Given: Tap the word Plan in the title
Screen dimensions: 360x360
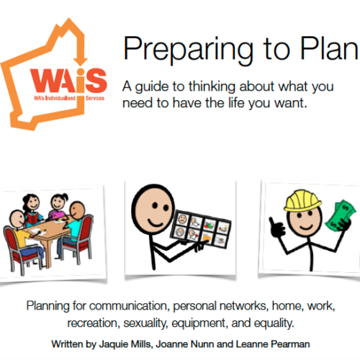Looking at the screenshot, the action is click(x=329, y=48).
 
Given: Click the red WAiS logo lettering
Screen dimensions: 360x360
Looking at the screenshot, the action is click(x=68, y=81).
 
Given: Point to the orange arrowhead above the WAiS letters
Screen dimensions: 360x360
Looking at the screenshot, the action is click(x=81, y=61).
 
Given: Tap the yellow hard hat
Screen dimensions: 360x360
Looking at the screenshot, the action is click(x=302, y=201).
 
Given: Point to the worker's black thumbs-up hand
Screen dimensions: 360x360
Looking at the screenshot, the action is click(x=276, y=227).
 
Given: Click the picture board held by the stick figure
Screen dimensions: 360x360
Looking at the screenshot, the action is click(x=201, y=229).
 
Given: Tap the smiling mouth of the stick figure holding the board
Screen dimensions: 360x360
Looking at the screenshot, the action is click(x=156, y=223).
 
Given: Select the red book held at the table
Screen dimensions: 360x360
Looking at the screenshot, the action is click(x=32, y=219).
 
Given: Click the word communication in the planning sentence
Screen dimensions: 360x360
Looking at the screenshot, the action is click(x=127, y=306).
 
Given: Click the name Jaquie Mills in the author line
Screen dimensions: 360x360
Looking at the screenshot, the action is click(x=125, y=344).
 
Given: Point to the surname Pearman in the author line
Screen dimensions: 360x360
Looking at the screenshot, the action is click(x=290, y=344).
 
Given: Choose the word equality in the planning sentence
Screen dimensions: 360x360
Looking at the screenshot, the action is click(x=274, y=323).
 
